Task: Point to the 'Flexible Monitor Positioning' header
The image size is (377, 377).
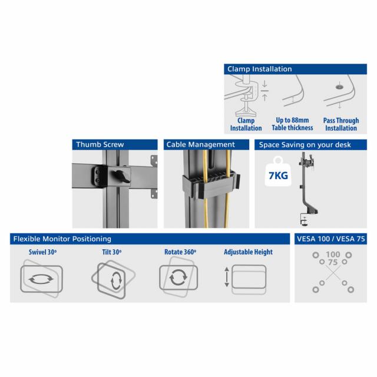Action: (150, 239)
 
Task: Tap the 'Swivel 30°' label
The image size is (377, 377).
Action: (42, 252)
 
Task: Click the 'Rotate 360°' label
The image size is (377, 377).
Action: (180, 252)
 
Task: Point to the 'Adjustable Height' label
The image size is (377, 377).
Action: (248, 252)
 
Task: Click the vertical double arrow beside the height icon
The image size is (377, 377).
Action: (227, 277)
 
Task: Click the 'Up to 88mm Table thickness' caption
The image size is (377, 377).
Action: (292, 124)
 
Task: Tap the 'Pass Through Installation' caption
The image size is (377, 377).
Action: (340, 124)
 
